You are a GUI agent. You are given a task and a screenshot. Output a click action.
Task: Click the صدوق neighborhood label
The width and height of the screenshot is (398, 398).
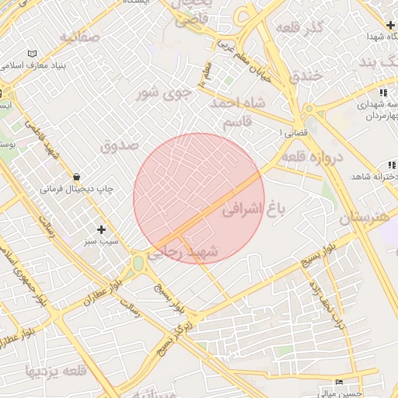(x=119, y=145)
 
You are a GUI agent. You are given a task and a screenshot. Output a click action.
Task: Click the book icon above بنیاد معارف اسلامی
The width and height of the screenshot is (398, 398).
(x=32, y=53)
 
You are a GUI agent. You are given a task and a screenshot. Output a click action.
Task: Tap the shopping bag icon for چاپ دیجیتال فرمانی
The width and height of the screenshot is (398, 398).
(x=76, y=176)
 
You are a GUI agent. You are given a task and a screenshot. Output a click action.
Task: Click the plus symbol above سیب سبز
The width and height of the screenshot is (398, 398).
(x=101, y=229)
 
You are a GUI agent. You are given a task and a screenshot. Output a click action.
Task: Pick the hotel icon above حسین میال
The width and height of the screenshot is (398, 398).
(x=339, y=382)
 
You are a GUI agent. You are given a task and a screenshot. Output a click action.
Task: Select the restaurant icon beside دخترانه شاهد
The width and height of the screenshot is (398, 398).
(x=391, y=165)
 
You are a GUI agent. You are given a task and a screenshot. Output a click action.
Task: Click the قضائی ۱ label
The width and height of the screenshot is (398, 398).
(x=293, y=133)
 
